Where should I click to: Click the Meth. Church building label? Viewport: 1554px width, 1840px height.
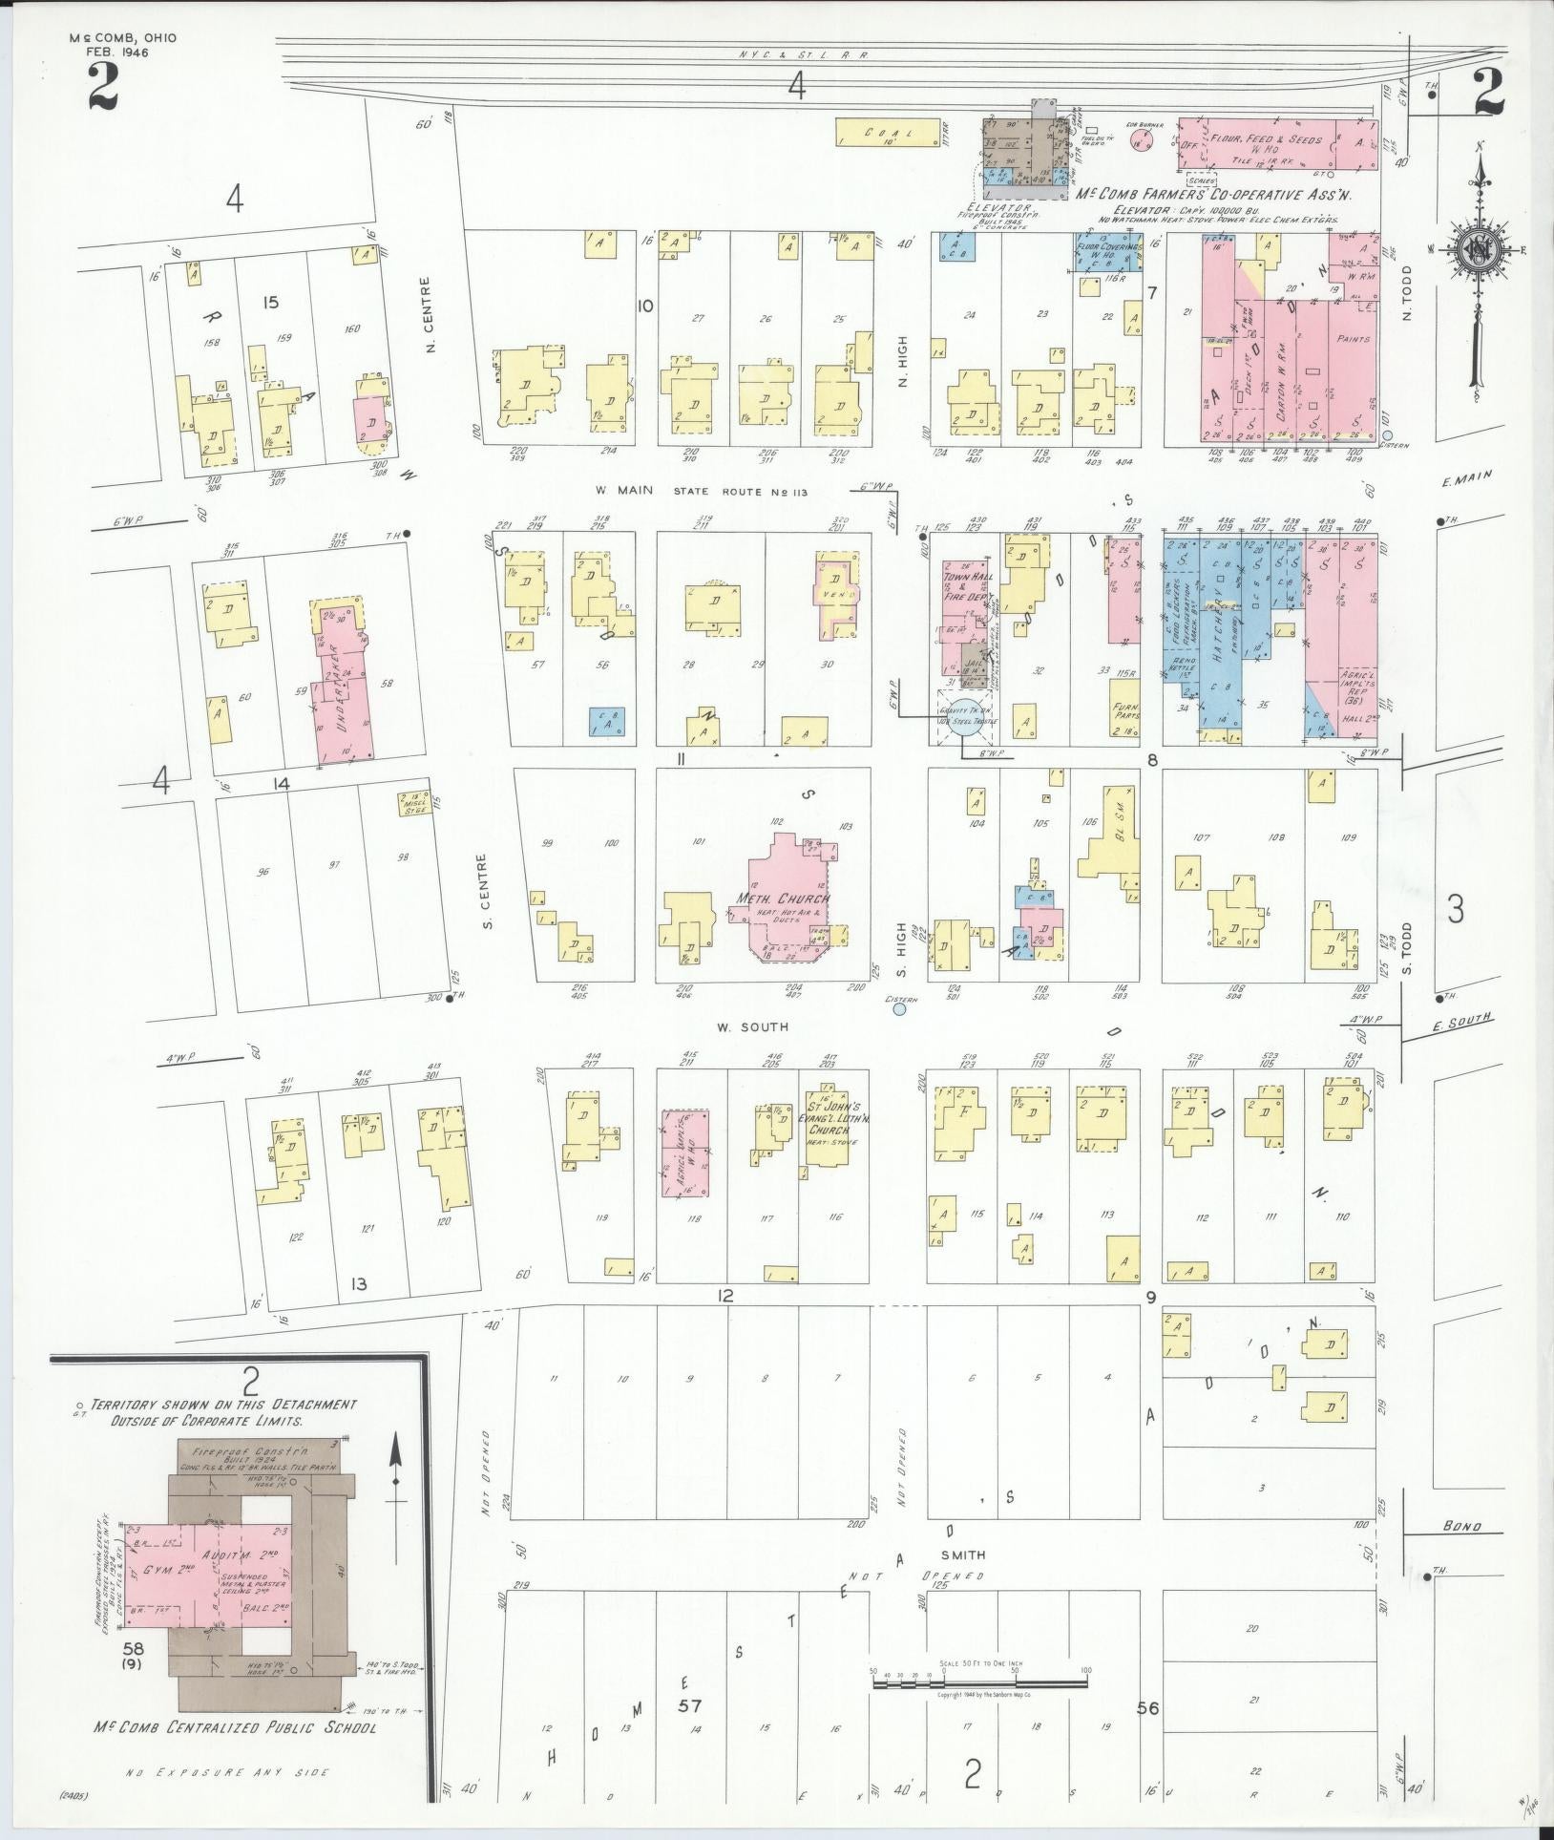(x=782, y=899)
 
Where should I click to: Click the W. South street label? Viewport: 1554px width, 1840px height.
(x=753, y=1027)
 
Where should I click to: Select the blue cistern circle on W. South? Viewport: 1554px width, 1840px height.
(x=899, y=1007)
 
